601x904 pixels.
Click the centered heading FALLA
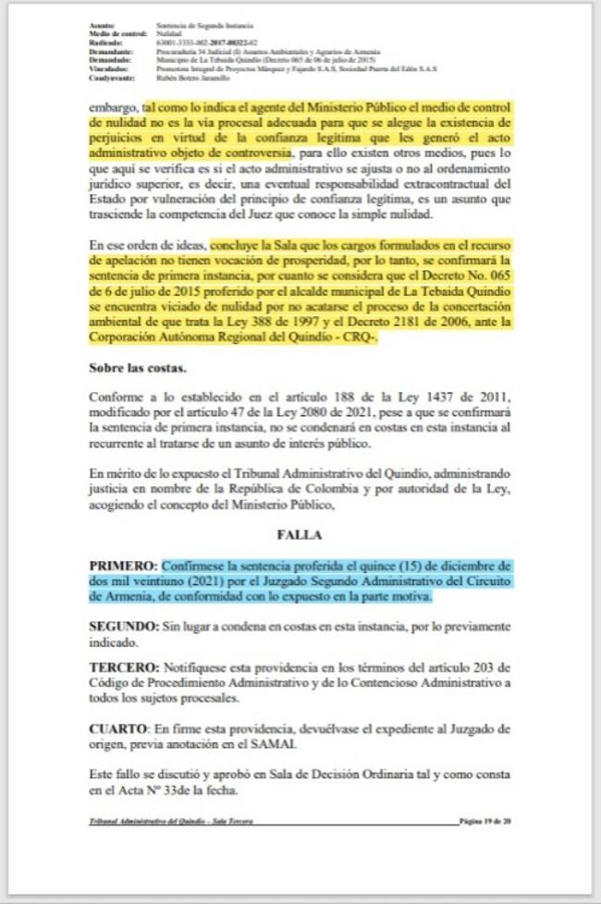[x=300, y=535]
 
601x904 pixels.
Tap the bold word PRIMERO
[x=123, y=565]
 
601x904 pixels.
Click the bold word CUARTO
[x=119, y=727]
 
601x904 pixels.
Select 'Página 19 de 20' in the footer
[x=485, y=822]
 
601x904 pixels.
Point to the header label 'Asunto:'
[x=103, y=25]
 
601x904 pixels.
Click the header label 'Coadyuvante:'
[x=110, y=77]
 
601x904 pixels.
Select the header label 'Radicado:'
[x=105, y=43]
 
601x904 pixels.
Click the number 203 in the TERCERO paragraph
[x=479, y=667]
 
